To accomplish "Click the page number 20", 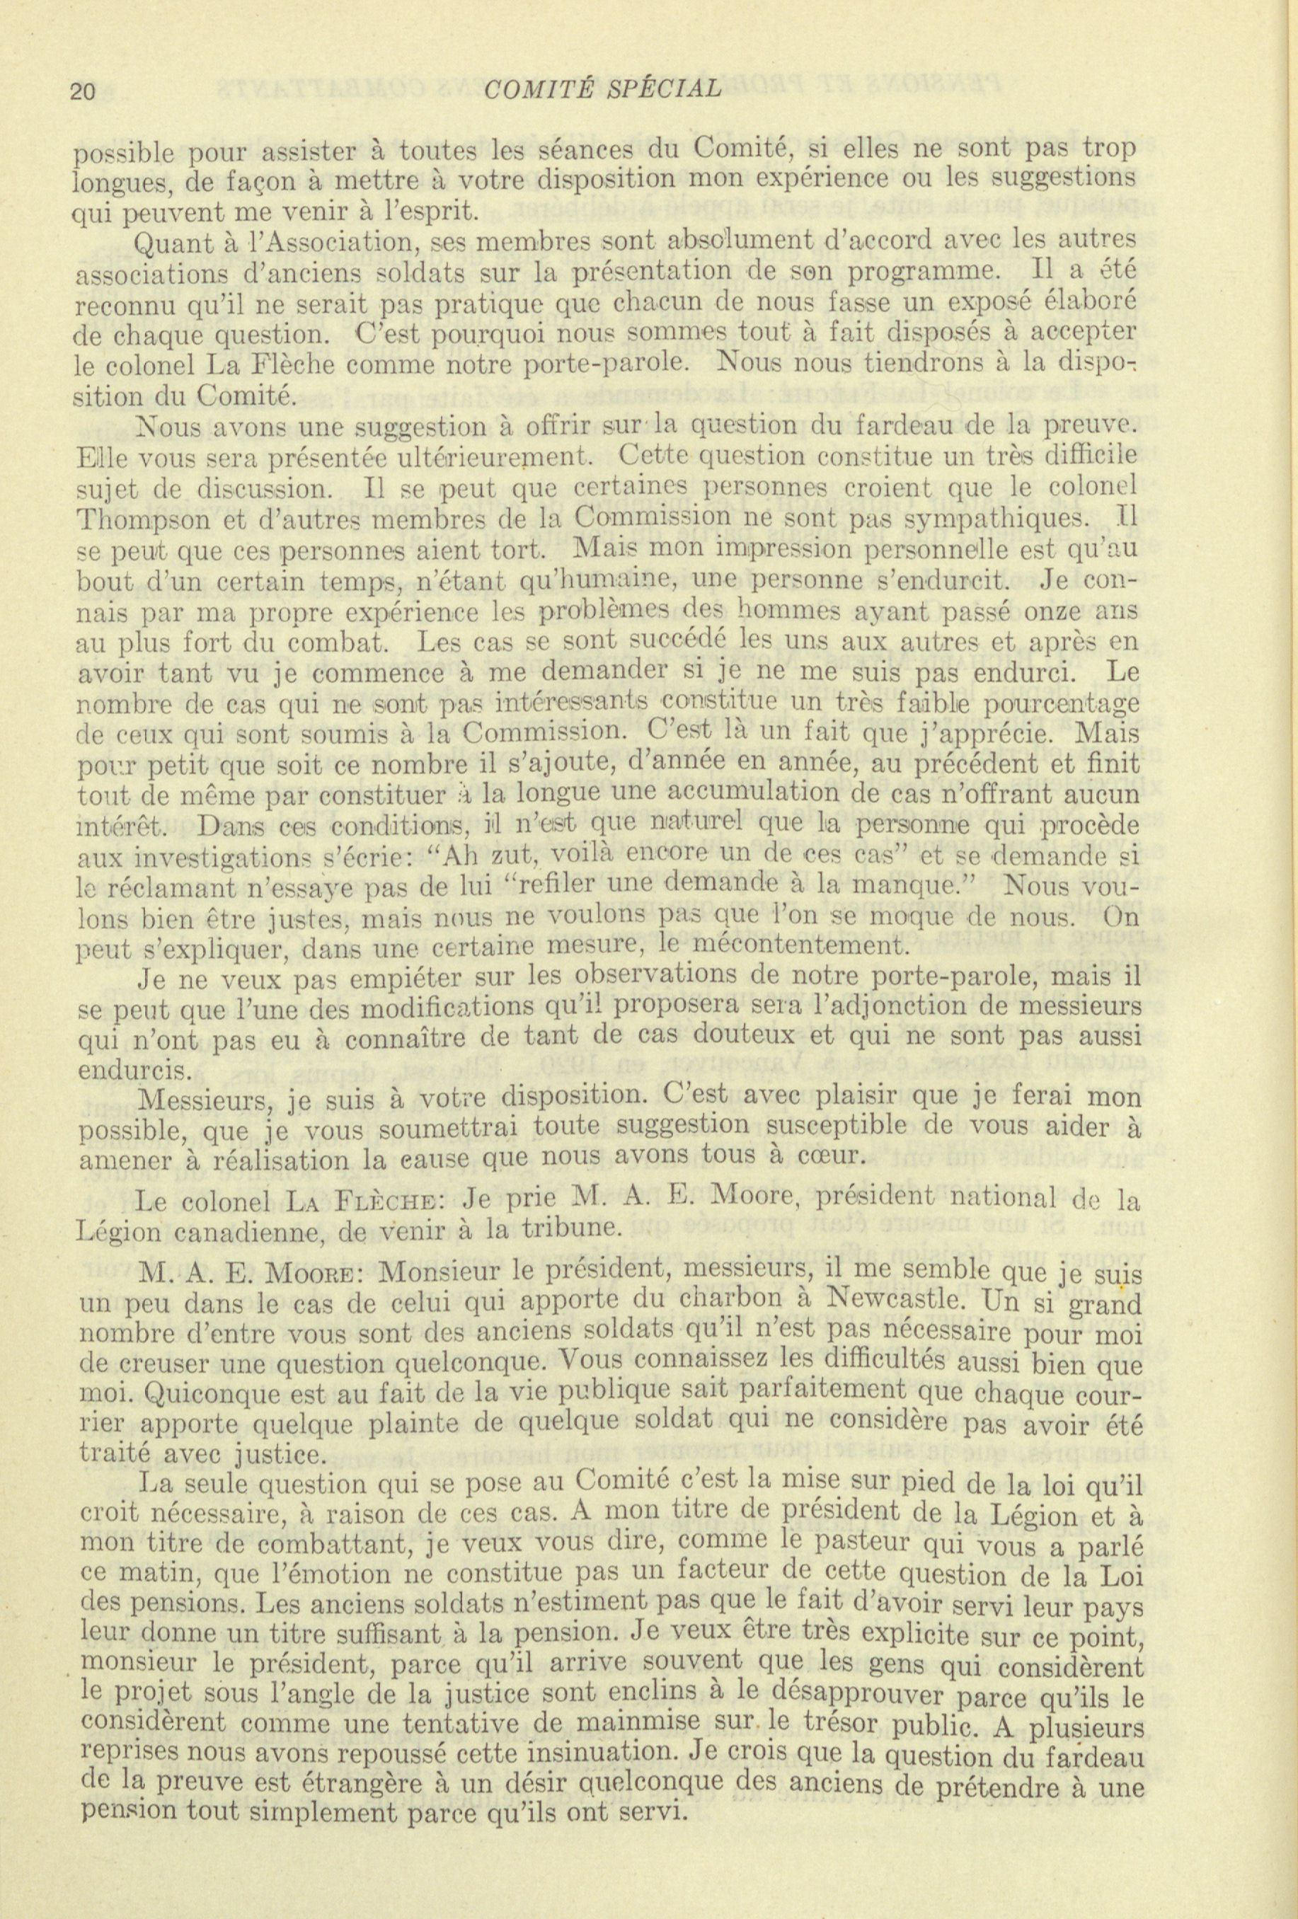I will click(x=85, y=89).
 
